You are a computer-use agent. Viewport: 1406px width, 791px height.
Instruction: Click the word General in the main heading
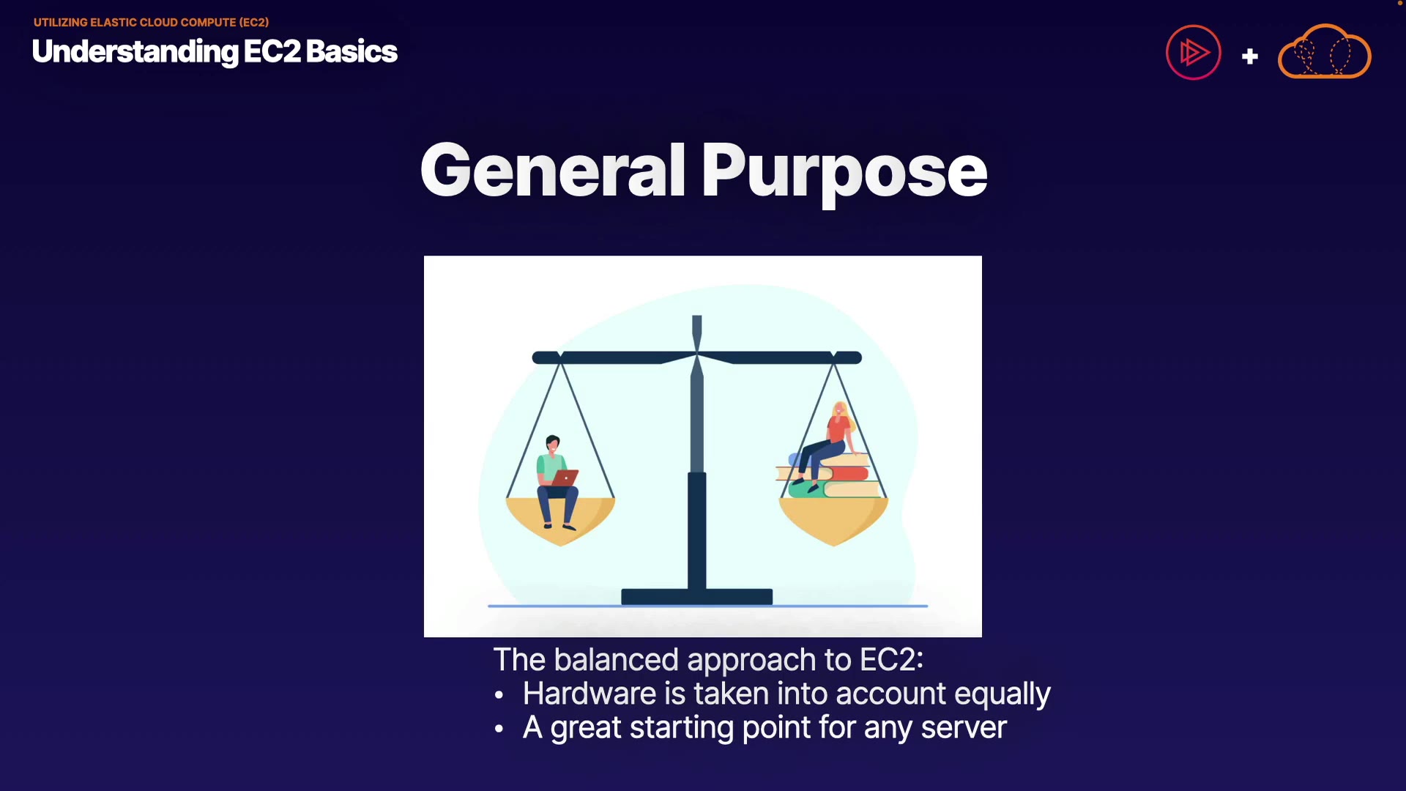point(554,170)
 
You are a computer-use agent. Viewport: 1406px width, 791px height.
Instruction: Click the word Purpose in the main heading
point(844,174)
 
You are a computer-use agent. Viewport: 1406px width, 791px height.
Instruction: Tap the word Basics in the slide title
point(351,51)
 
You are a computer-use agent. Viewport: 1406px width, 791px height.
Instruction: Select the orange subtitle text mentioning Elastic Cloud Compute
point(151,22)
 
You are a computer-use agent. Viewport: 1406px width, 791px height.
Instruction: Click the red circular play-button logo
point(1194,53)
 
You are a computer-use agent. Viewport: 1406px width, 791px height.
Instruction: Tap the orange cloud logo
point(1325,51)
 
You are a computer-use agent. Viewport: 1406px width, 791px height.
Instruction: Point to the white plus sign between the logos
point(1250,56)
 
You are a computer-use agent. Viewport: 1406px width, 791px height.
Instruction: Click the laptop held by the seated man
point(565,478)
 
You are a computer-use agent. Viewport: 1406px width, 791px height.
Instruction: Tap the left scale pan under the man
point(561,521)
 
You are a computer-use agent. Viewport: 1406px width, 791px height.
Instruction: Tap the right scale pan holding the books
point(833,521)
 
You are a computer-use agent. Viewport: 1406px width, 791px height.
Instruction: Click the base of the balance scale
point(696,597)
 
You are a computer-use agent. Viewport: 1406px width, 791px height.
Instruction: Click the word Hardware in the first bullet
point(589,694)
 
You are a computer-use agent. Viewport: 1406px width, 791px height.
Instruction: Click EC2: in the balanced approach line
point(891,660)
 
